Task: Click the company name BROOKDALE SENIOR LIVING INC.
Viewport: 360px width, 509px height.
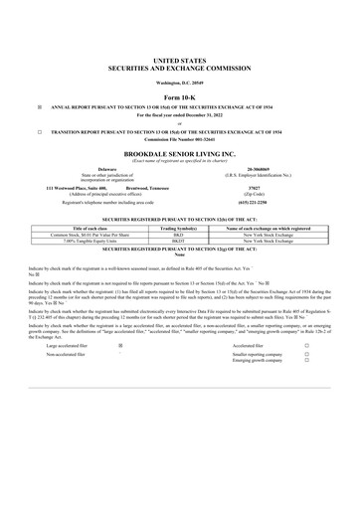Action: [x=180, y=156]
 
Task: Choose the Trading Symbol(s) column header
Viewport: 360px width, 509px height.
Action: [x=178, y=228]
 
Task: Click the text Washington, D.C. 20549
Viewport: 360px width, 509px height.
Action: [x=180, y=81]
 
